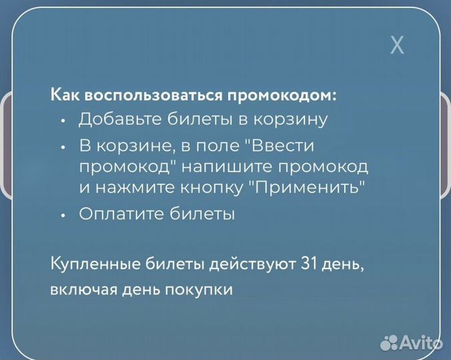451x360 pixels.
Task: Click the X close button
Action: (397, 46)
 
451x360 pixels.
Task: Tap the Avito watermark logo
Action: (411, 343)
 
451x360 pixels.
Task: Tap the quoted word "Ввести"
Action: (284, 145)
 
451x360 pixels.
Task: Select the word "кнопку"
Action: (207, 187)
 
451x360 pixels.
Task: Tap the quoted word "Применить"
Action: (306, 187)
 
